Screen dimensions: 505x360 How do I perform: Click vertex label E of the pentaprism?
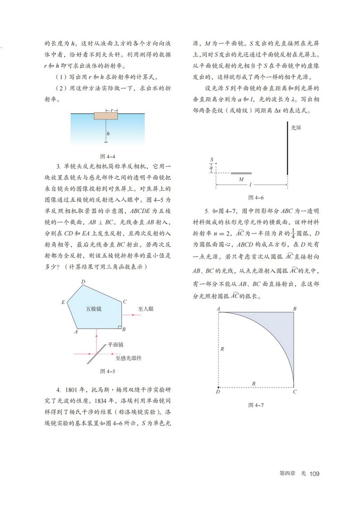(x=63, y=302)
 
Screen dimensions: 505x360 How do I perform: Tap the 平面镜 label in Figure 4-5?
(x=115, y=344)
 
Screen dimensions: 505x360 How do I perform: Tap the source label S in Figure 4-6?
(x=211, y=159)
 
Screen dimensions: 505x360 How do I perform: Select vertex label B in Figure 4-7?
(x=294, y=308)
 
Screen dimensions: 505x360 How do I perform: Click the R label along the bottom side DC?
(x=255, y=383)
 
